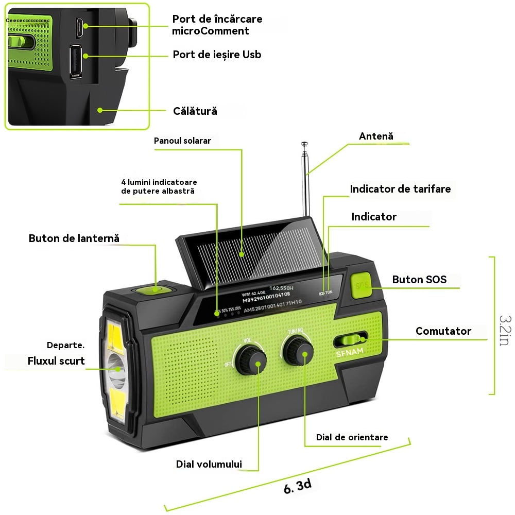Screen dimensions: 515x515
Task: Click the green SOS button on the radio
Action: coord(363,285)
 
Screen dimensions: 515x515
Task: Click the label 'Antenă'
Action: coord(376,136)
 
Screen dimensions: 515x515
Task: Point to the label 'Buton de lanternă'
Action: coord(74,238)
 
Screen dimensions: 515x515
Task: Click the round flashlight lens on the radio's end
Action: coord(116,368)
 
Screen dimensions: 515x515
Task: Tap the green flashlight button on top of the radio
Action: coord(153,290)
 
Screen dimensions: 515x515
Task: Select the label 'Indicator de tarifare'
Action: coord(400,189)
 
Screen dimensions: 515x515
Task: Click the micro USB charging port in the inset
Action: coord(79,27)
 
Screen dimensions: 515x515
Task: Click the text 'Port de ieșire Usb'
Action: coord(217,55)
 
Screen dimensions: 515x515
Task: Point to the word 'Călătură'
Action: coord(195,111)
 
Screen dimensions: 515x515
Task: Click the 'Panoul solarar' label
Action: coord(182,141)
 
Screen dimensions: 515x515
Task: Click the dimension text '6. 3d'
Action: coord(298,485)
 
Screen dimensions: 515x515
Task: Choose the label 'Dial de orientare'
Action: coord(352,437)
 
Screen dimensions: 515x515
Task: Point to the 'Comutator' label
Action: coord(443,331)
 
